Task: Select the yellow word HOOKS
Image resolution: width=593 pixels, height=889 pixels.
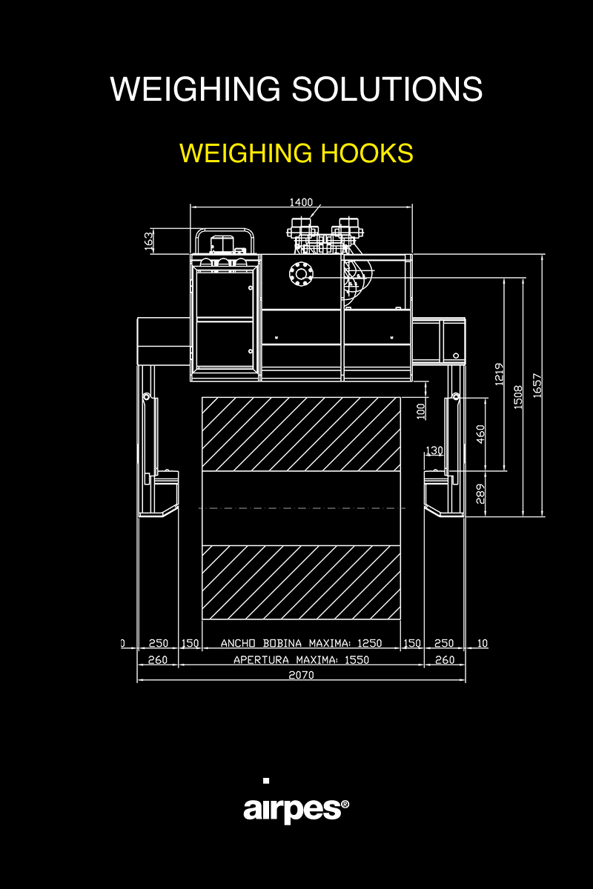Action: click(367, 153)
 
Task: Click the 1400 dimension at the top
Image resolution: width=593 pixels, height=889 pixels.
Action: click(301, 202)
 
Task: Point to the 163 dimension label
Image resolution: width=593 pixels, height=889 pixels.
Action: click(148, 242)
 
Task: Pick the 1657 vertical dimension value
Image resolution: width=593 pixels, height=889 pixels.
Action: click(537, 385)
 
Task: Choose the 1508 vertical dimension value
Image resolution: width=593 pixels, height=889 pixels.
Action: click(518, 397)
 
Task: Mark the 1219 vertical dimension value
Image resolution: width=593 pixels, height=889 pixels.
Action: click(500, 374)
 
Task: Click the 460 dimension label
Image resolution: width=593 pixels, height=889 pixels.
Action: click(480, 434)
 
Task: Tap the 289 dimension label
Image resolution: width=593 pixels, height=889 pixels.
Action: click(480, 493)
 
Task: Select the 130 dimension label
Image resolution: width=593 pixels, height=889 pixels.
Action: click(434, 450)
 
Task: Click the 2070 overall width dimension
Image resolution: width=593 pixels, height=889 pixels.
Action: click(301, 675)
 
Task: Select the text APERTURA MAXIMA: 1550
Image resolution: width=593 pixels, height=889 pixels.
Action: click(301, 659)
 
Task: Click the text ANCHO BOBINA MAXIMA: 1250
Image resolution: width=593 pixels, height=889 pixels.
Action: click(301, 643)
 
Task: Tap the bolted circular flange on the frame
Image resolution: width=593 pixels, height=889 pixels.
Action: click(301, 273)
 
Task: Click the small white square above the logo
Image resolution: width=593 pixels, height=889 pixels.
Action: click(266, 781)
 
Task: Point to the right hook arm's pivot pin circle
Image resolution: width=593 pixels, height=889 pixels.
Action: click(456, 397)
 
